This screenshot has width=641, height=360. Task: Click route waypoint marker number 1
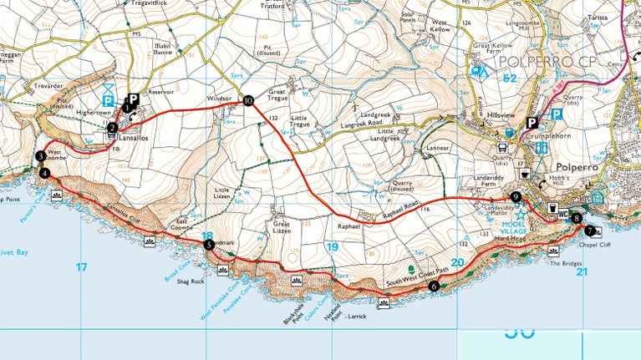[x=126, y=108]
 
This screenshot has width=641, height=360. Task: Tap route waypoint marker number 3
[x=40, y=156]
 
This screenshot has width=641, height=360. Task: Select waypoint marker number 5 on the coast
[x=208, y=245]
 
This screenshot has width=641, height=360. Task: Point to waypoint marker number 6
[x=433, y=286]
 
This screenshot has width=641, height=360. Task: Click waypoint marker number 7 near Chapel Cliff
[x=590, y=231]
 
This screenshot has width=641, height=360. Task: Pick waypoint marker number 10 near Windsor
[x=248, y=101]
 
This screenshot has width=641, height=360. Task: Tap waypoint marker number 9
[x=516, y=197]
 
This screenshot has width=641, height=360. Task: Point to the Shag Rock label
[x=191, y=281]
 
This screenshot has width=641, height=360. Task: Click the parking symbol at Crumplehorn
[x=530, y=124]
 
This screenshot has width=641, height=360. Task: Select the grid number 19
[x=333, y=247]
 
